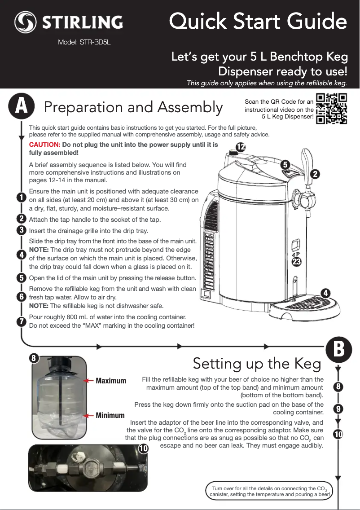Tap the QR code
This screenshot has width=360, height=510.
click(x=332, y=108)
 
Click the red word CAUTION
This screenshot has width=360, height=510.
click(x=44, y=145)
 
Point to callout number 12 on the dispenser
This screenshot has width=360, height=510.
click(x=241, y=147)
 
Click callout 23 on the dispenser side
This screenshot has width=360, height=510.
click(x=296, y=261)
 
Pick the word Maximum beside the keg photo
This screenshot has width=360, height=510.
click(x=111, y=381)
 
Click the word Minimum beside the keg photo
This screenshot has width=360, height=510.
click(x=110, y=415)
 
